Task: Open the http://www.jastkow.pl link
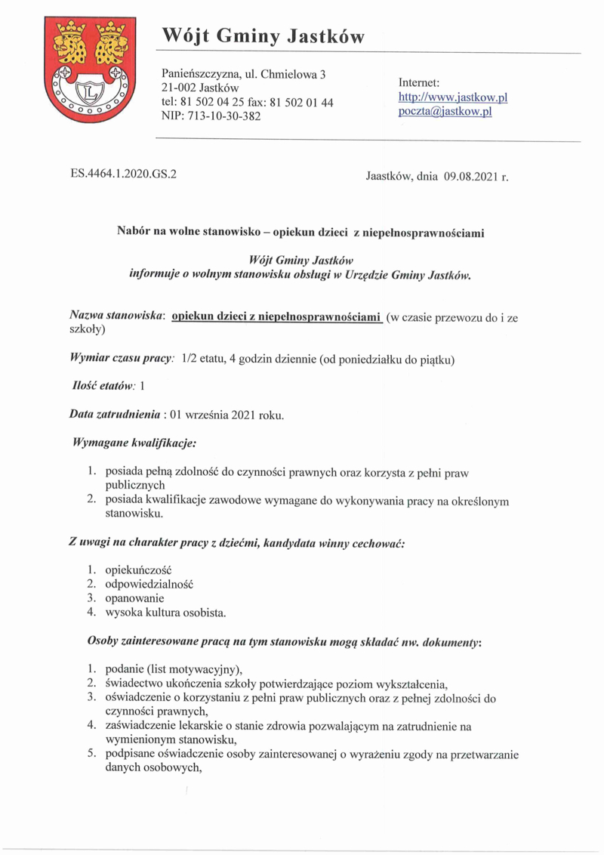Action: pyautogui.click(x=453, y=97)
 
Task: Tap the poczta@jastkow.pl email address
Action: pyautogui.click(x=445, y=111)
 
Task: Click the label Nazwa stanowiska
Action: pyautogui.click(x=117, y=318)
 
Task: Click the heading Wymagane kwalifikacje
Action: pyautogui.click(x=135, y=440)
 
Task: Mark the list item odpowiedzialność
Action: pyautogui.click(x=149, y=584)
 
